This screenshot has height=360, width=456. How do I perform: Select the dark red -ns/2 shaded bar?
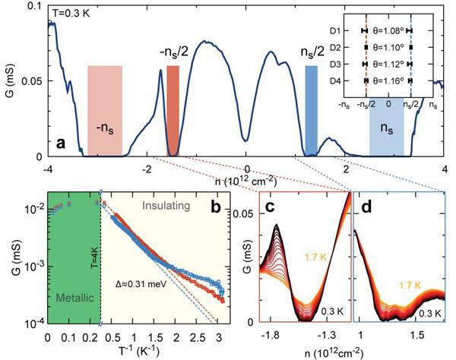coord(173,110)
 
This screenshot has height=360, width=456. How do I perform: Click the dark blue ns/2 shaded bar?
coord(311,110)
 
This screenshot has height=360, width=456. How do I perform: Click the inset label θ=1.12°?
coord(388,64)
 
